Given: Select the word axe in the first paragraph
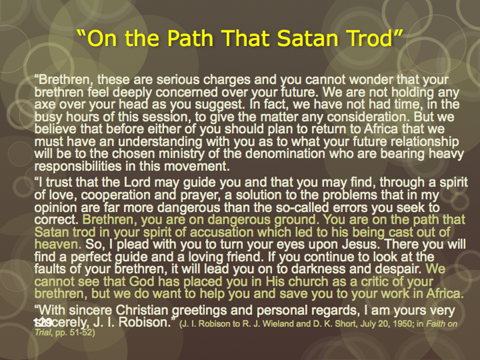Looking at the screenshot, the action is tap(45, 105).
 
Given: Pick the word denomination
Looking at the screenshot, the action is tap(285, 153).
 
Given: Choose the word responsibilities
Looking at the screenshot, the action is tap(78, 166).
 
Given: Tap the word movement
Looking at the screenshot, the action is tap(197, 166).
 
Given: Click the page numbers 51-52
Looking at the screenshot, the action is tap(82, 332).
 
